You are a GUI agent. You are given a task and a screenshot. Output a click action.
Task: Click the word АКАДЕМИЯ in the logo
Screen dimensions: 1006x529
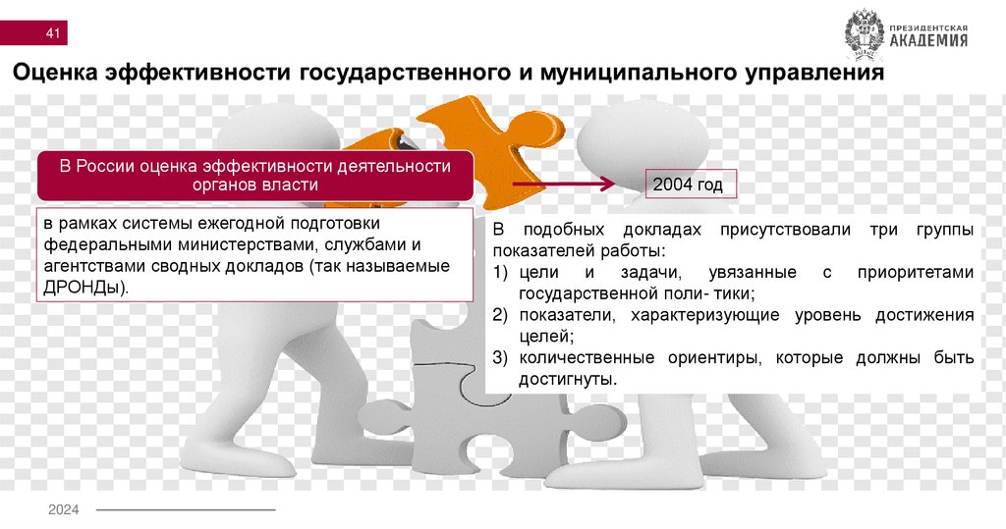928,41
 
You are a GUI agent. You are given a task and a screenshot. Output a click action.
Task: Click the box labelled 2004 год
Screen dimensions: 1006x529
687,185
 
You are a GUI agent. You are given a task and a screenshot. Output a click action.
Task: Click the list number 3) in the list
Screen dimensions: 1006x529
500,357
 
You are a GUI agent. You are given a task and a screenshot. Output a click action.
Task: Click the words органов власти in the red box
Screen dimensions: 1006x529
255,185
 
